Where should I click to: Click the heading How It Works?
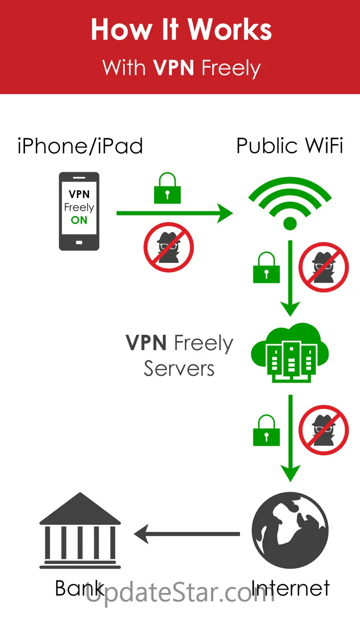[181, 30]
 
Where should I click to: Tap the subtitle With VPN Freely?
[181, 68]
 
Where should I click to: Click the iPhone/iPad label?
[80, 146]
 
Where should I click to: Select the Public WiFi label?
[289, 146]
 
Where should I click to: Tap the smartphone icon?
[79, 211]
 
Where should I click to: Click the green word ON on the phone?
[79, 220]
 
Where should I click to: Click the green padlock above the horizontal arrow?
[167, 189]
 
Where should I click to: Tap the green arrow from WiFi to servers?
[290, 277]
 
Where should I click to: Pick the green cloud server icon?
[289, 353]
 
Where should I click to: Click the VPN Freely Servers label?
[179, 356]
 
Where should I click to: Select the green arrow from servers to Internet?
[290, 436]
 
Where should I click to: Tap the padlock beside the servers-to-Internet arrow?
[266, 431]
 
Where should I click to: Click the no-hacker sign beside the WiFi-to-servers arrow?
[324, 267]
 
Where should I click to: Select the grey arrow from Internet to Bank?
[187, 534]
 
